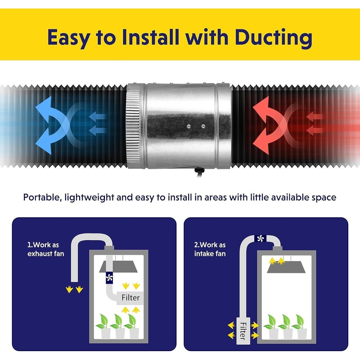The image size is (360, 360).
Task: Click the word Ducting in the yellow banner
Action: tap(274, 38)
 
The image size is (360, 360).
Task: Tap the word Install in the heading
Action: tap(150, 37)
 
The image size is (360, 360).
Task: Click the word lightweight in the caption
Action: tap(89, 198)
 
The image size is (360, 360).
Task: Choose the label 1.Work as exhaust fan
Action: tap(46, 249)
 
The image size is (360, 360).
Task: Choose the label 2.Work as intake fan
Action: tap(210, 249)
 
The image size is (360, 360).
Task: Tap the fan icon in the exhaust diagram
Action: tap(109, 278)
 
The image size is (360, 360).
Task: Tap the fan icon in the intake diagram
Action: tap(261, 239)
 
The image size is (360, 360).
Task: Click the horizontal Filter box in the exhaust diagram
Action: tap(130, 298)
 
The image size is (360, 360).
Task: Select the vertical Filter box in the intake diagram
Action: tap(243, 331)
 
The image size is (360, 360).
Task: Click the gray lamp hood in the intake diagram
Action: tap(287, 267)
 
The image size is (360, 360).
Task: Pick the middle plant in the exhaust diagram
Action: tap(118, 326)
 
